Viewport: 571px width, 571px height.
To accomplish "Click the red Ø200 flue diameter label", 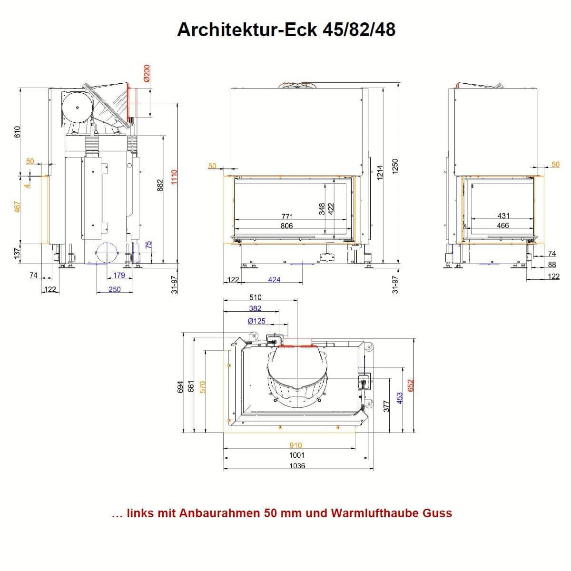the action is click(147, 73).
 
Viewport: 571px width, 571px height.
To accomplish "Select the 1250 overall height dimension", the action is click(395, 167).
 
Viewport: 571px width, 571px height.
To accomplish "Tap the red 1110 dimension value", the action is click(174, 177).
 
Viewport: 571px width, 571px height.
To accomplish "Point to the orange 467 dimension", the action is click(17, 207).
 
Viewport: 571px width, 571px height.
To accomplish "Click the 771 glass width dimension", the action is click(287, 217).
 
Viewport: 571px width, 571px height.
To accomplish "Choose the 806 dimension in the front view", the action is click(286, 226).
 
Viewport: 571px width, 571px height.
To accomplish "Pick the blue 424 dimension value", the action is click(274, 280).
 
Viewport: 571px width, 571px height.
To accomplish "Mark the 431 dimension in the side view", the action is click(503, 216).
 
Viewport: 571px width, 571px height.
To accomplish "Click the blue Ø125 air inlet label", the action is click(256, 321).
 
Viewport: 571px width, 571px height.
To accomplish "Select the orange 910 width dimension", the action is click(295, 445).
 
